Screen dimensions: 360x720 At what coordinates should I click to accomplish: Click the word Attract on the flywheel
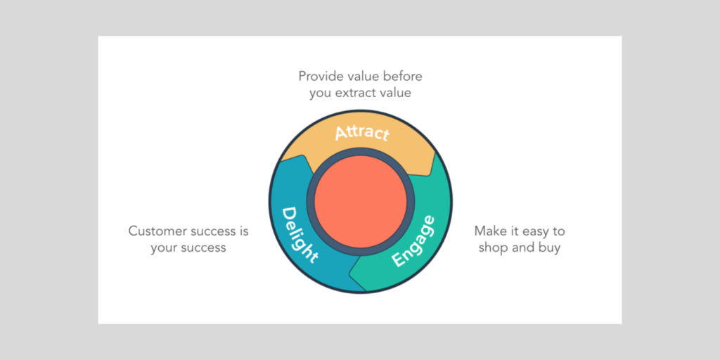[x=362, y=132]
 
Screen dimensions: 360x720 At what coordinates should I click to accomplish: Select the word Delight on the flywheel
[x=300, y=234]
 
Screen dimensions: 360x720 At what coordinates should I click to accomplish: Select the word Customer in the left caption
[x=157, y=231]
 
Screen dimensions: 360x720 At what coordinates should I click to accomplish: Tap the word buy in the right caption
[x=548, y=247]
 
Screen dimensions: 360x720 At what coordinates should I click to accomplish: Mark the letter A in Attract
[x=340, y=134]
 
